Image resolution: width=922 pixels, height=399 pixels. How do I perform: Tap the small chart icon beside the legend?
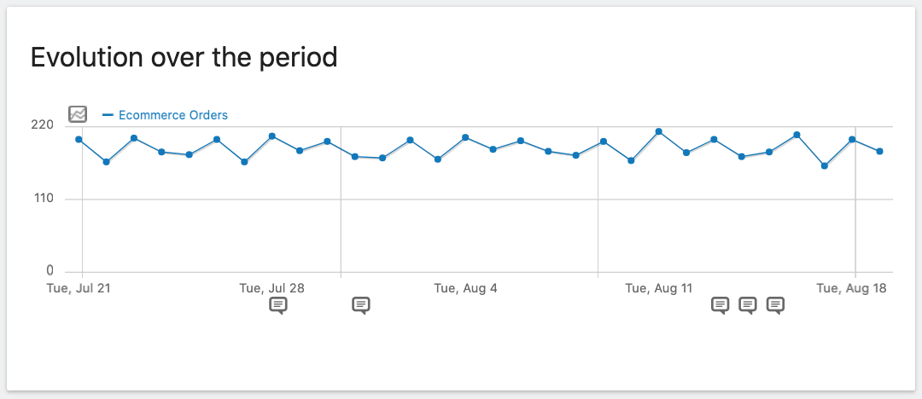[78, 114]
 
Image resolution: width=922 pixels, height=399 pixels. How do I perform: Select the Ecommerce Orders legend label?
[173, 115]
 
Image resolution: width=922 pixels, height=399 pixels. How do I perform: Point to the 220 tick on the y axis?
[43, 125]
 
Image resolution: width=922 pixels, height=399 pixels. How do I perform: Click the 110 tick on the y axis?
[43, 199]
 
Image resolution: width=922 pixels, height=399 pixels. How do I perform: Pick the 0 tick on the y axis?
[50, 270]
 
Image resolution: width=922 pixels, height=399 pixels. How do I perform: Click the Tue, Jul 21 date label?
[79, 288]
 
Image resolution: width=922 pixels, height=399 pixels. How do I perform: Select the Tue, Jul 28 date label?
[272, 288]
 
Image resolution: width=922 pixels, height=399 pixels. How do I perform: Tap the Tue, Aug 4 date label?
[465, 288]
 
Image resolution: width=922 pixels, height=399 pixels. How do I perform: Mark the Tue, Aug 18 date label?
[851, 288]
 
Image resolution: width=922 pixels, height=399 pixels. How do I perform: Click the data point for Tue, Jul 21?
[79, 139]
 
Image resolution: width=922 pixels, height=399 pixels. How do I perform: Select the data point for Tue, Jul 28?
[271, 136]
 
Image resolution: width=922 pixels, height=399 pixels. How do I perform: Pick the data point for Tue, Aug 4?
[465, 137]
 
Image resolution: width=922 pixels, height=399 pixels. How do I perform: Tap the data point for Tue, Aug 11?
[658, 131]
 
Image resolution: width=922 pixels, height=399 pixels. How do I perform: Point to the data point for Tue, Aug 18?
[852, 139]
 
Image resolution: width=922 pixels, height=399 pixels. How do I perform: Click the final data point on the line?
[879, 151]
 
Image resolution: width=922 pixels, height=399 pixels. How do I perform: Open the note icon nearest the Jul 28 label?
[278, 305]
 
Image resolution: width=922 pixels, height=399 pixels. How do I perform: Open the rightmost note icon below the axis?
[775, 305]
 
